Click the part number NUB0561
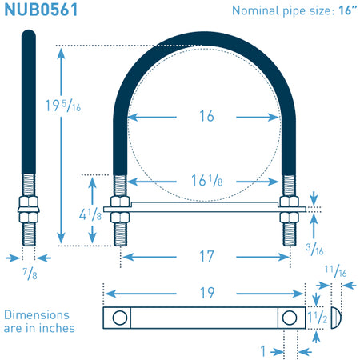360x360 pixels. click(41, 10)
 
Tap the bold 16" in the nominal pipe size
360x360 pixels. click(347, 10)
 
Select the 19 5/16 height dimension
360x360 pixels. click(63, 106)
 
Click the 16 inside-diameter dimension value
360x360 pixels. click(206, 116)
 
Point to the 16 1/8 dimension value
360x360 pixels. click(207, 181)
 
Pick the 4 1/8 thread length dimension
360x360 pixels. click(90, 214)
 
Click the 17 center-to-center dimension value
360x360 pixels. click(206, 256)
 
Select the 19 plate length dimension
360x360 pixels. click(207, 293)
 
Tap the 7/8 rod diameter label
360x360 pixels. click(30, 274)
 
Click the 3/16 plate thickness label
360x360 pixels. click(314, 250)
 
